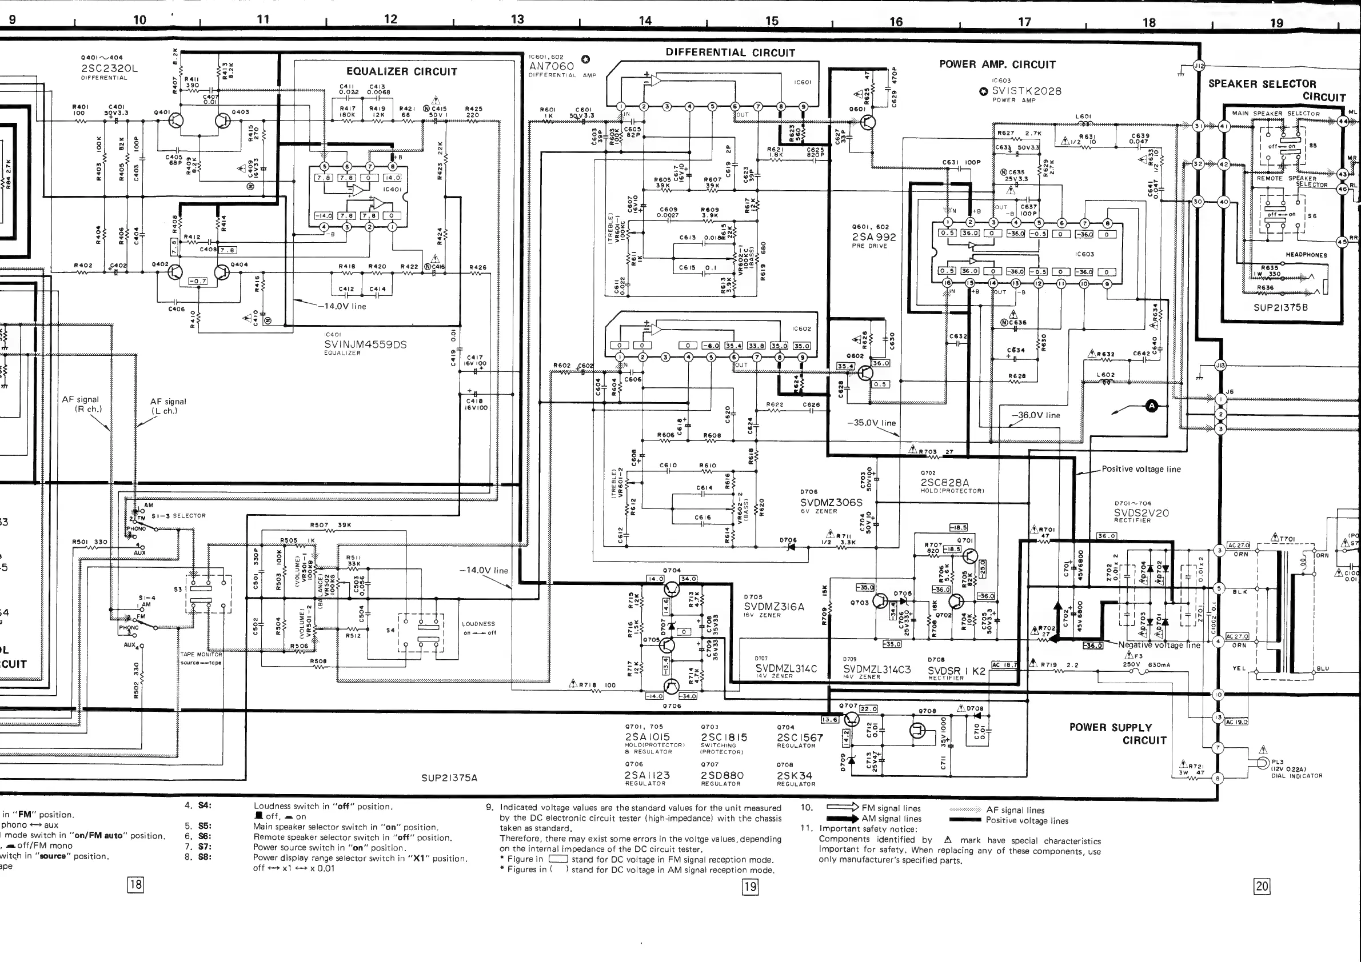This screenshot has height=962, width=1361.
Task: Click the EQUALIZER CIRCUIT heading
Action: pos(401,71)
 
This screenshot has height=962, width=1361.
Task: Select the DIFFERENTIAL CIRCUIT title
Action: pos(730,52)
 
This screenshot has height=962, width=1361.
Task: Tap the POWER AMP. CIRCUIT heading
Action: pos(997,64)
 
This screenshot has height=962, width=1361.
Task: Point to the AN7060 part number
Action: pos(551,66)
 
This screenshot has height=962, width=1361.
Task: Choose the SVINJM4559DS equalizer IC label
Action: pos(365,344)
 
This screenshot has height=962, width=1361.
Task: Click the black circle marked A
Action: pos(1151,406)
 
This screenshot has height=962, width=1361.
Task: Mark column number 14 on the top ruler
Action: pos(645,21)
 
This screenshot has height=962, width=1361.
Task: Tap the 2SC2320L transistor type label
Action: pos(109,68)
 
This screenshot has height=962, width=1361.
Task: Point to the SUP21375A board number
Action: pos(449,778)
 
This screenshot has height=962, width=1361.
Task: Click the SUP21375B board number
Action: pos(1280,307)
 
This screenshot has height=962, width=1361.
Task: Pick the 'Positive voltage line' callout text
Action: pos(1140,469)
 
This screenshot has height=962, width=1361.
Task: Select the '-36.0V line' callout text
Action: pos(1035,415)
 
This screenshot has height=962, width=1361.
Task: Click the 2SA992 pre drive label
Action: pos(874,237)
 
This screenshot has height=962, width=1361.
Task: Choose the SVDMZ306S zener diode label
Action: pos(831,502)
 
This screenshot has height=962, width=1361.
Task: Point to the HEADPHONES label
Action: pos(1306,255)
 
